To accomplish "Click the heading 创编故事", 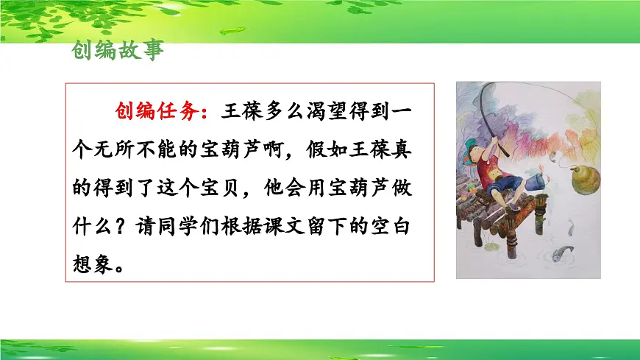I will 118,51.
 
